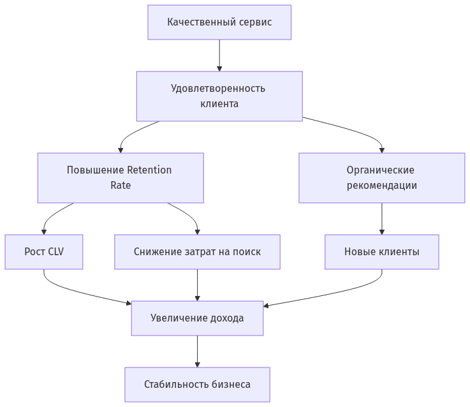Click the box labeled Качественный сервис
click(219, 22)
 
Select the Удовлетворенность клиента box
click(219, 96)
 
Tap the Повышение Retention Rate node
click(120, 178)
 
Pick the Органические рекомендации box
click(381, 178)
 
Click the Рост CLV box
click(44, 252)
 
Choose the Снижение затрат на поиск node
click(197, 252)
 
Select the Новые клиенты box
click(381, 252)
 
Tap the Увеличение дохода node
click(197, 318)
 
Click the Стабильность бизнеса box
click(197, 384)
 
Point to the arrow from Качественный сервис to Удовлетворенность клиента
click(219, 56)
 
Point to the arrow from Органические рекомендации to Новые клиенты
click(382, 219)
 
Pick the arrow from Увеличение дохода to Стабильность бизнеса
click(197, 352)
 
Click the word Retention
click(149, 170)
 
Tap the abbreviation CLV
click(55, 252)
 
